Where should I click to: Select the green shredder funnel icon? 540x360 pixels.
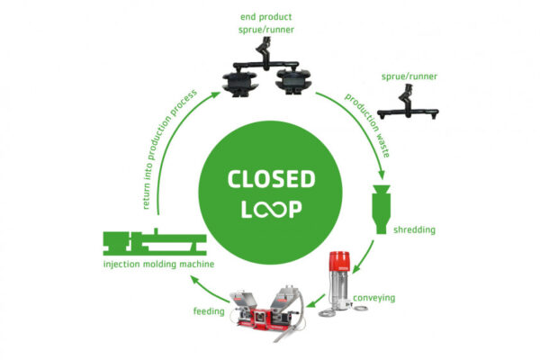382,204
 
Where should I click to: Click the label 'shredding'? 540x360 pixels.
415,230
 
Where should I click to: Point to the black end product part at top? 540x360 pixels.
267,76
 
